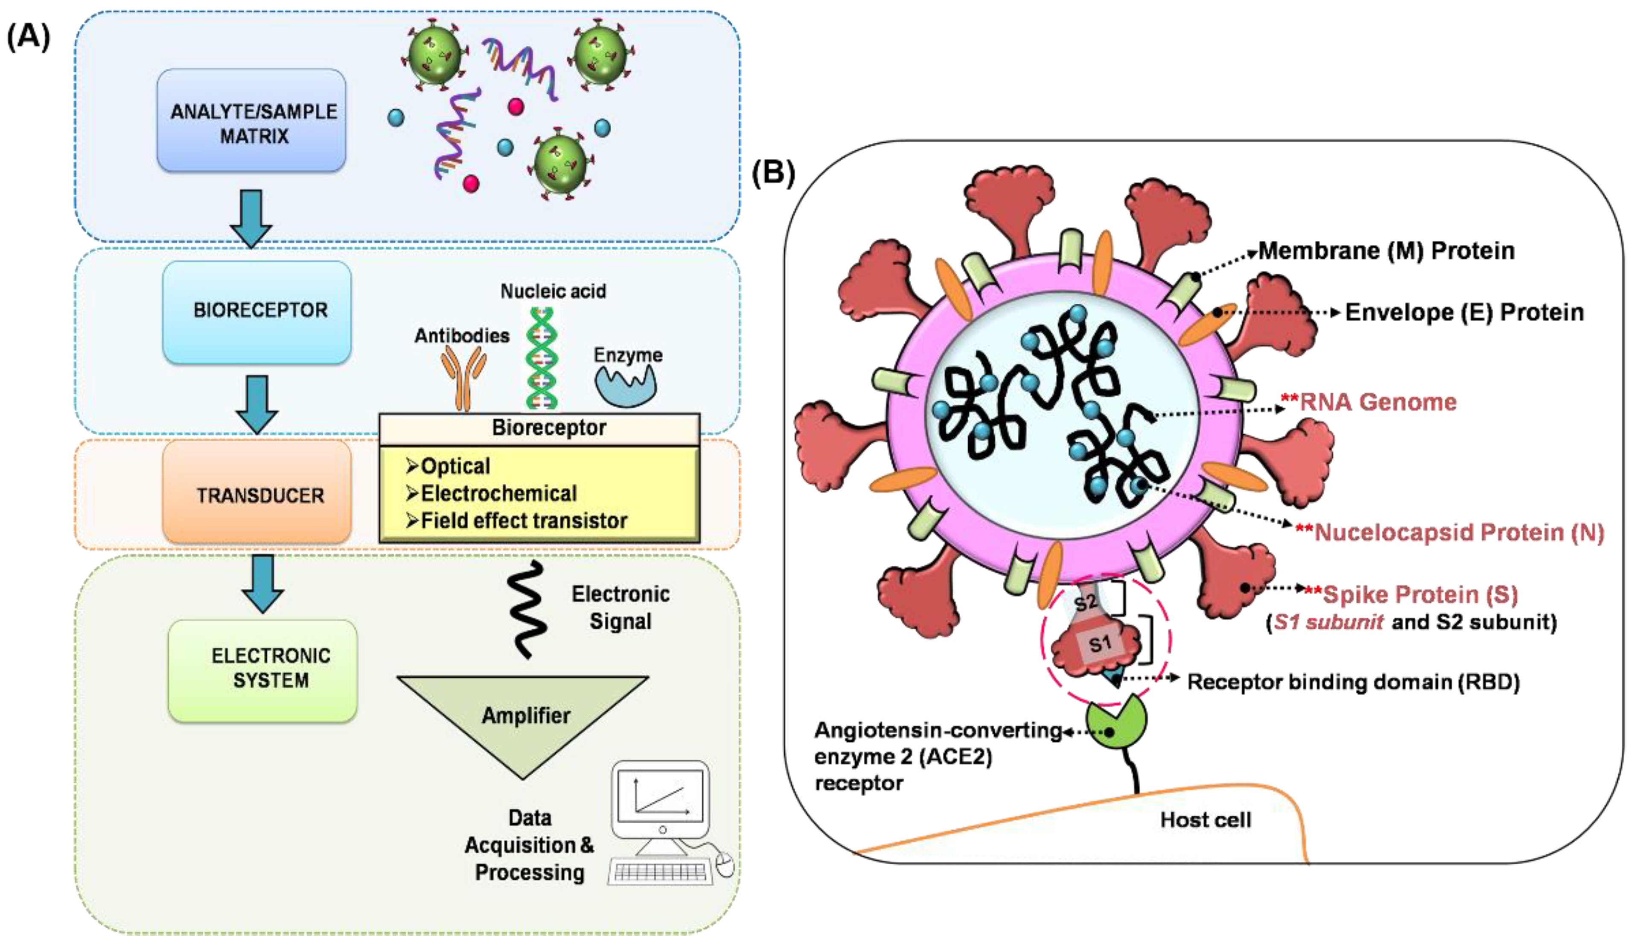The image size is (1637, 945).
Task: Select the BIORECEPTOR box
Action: point(257,312)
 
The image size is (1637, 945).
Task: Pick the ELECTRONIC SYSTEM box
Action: point(263,670)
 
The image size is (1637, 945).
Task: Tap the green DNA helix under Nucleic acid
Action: point(541,357)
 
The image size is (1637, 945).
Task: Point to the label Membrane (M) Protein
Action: point(1386,251)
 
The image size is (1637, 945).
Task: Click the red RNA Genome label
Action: point(1378,402)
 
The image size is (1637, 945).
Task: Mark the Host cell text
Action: point(1205,820)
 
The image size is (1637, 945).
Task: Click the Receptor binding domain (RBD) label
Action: point(1353,682)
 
